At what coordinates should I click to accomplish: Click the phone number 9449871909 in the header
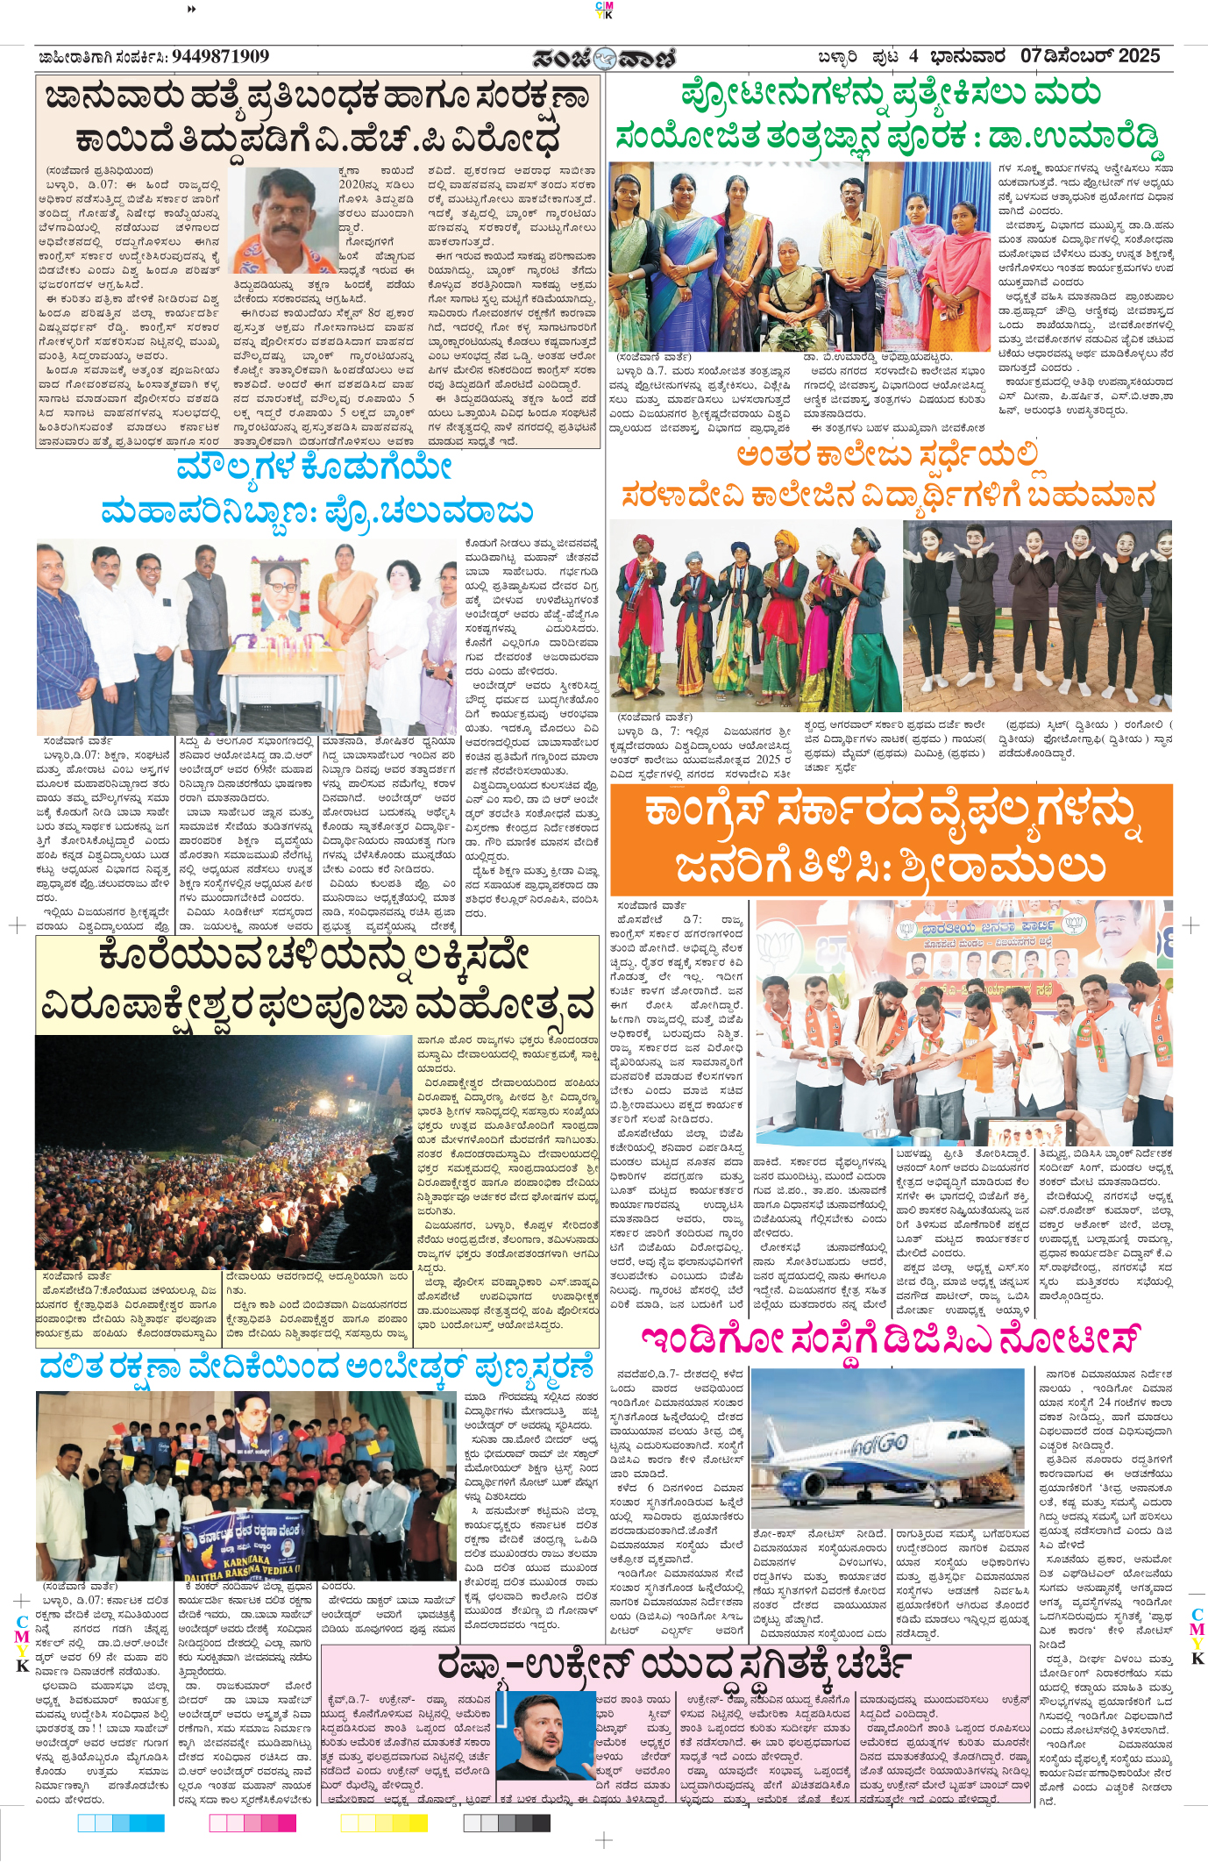pos(220,57)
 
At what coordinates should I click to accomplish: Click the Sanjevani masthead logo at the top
pos(604,58)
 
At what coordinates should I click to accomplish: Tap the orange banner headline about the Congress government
pos(891,839)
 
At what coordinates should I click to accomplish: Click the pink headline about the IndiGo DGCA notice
pos(890,1341)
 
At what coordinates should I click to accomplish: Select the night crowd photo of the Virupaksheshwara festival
pos(224,1152)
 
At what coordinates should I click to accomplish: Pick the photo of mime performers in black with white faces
pos(1037,615)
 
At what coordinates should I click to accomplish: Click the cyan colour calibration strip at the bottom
pos(120,1824)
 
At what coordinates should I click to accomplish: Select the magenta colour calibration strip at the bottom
pos(252,1824)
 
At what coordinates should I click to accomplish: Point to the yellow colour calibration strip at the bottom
pos(384,1824)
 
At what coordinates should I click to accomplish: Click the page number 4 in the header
pos(913,57)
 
